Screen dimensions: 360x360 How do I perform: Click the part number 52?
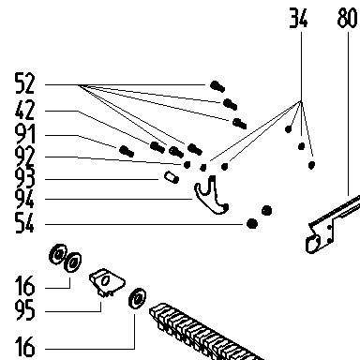click(24, 83)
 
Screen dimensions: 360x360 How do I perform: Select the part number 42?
click(24, 110)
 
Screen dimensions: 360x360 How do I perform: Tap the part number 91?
click(24, 135)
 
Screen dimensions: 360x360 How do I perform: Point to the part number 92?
click(24, 157)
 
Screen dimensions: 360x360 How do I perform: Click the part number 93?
click(24, 178)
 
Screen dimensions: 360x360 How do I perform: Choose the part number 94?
click(24, 199)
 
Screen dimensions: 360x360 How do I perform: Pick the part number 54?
click(24, 222)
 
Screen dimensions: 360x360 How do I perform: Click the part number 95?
click(24, 310)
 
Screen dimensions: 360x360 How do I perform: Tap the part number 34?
click(298, 18)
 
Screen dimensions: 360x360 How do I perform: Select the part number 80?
click(347, 18)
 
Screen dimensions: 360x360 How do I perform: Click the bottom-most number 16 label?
click(24, 347)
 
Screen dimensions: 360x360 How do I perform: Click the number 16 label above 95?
click(24, 286)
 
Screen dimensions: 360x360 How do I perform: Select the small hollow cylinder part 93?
click(172, 177)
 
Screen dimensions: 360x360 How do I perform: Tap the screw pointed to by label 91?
click(127, 151)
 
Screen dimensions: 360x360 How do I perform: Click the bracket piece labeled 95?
click(107, 282)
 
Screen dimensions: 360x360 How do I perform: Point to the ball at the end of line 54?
click(252, 223)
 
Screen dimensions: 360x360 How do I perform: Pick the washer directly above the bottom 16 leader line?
click(137, 298)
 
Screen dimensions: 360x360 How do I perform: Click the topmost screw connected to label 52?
click(217, 86)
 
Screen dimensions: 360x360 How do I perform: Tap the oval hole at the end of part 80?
click(313, 244)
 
